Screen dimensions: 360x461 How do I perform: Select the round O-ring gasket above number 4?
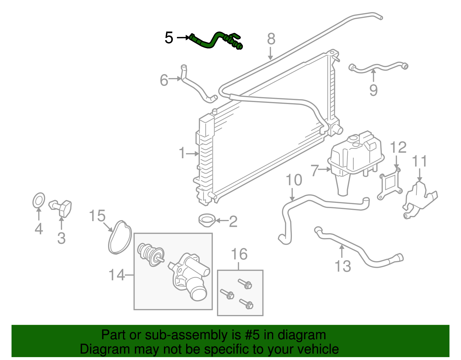tap(39, 200)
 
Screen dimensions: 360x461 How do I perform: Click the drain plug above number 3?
tap(62, 208)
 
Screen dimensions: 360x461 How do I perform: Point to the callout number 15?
tap(97, 216)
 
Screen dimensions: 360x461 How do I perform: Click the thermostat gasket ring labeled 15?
tap(120, 238)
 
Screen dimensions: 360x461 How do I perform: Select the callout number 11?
tap(419, 161)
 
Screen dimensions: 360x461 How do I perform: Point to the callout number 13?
tap(343, 266)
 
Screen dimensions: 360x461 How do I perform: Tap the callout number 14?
tap(117, 275)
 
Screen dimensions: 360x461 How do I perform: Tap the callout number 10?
tap(294, 180)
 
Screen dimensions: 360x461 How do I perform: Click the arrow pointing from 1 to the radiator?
tap(192, 154)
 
